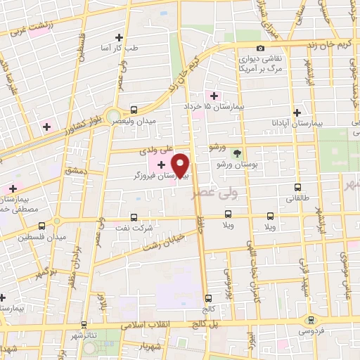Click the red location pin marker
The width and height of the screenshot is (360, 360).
coord(181,165)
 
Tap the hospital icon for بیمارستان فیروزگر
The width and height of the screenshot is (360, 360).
coord(162,165)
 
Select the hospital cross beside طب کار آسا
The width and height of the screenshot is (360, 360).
coord(119,37)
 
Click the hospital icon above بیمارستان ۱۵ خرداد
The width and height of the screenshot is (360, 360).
coord(213,94)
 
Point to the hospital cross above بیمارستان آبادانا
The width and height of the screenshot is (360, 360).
coord(298,112)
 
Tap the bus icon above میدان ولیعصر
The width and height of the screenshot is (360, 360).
coord(134,110)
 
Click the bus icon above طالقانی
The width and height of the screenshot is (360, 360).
coord(297,188)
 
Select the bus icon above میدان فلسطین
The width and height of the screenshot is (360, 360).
coord(42,226)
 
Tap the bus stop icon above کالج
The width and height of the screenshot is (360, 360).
coord(207,297)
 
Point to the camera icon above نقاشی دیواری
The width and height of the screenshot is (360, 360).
coord(260,48)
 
